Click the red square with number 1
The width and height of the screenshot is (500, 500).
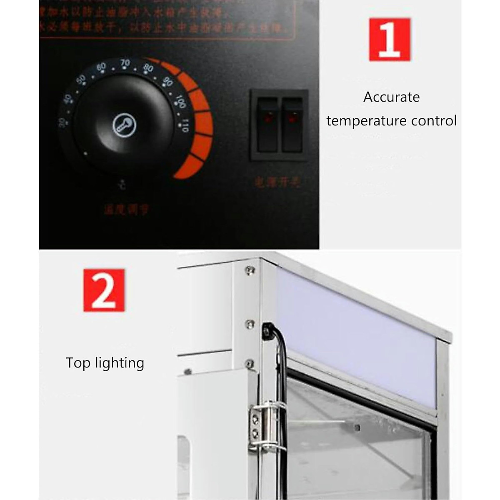point(390,40)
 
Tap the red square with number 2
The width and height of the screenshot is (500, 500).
point(104,290)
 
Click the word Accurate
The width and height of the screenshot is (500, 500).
point(391,97)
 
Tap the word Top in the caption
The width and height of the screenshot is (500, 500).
point(78,363)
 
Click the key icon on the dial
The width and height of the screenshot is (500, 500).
point(125,125)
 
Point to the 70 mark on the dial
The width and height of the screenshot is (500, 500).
point(125,63)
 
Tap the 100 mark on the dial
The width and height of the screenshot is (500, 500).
point(180,101)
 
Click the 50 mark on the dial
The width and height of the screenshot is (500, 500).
point(81,79)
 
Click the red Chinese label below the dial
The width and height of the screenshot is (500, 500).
point(126,210)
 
